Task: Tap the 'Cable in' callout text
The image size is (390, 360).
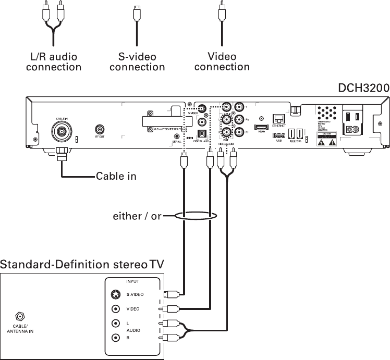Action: coord(116,176)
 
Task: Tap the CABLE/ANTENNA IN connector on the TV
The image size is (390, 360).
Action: coord(21,316)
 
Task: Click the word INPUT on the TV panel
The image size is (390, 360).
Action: coord(132,281)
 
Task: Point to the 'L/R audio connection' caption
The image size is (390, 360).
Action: coord(54,61)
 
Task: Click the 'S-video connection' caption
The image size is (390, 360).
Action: coord(137,61)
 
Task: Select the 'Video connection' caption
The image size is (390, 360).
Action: coord(222,61)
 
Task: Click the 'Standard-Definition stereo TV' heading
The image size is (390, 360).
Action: coord(82,264)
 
